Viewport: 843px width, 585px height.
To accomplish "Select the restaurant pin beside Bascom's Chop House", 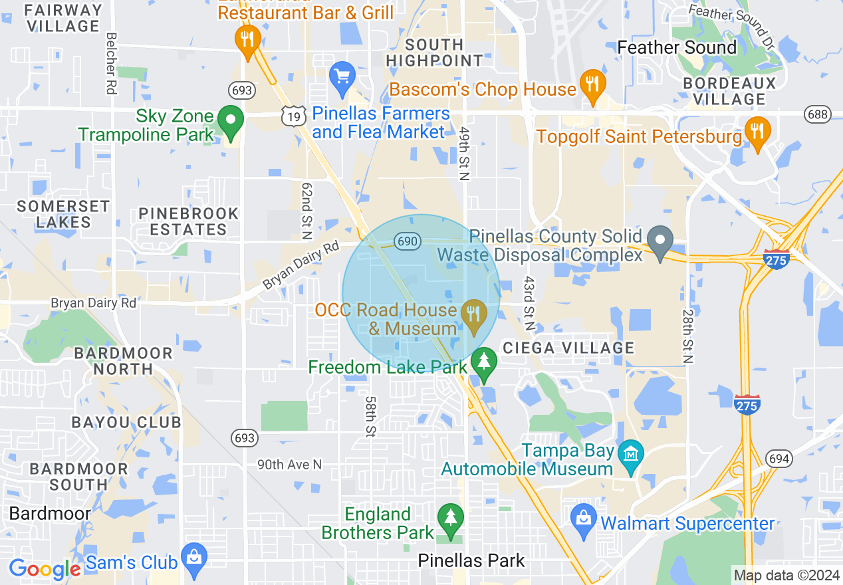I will [x=592, y=85].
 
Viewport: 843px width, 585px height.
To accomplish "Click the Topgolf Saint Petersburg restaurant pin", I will [x=757, y=132].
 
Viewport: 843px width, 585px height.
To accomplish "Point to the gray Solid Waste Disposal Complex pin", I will [x=660, y=241].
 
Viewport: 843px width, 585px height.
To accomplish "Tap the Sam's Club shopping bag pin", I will [x=194, y=558].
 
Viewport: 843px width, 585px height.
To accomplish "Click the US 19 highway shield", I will [x=293, y=116].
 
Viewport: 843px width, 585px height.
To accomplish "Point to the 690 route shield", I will [x=407, y=241].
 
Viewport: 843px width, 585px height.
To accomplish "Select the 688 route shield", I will [x=817, y=114].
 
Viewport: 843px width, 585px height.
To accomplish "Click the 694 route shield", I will [x=778, y=458].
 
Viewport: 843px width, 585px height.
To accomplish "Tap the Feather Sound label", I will [x=677, y=48].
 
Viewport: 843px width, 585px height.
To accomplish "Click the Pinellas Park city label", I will [x=471, y=561].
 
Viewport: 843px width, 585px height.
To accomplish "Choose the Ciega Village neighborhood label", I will [x=568, y=348].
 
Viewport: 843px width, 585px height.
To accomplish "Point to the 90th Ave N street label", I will [x=289, y=464].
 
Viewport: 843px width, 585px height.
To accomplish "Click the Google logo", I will [x=45, y=569].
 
